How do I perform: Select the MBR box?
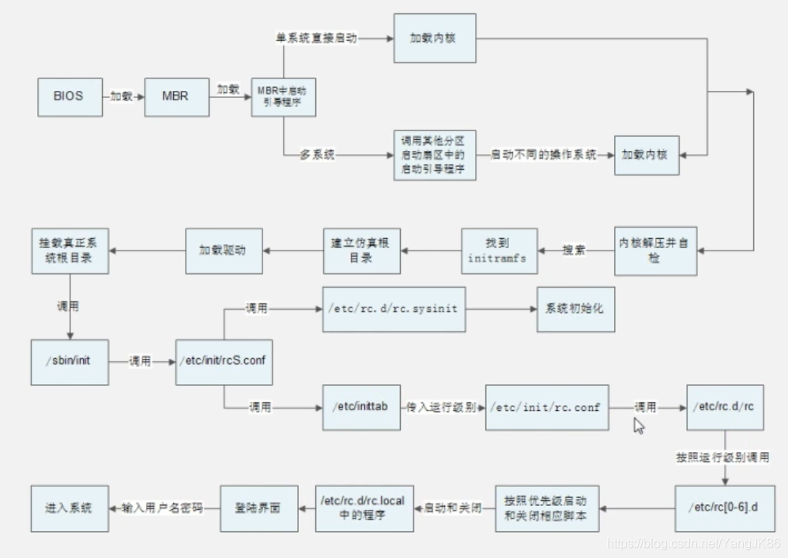point(175,96)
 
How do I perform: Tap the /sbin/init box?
point(69,361)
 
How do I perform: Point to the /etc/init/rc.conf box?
point(545,407)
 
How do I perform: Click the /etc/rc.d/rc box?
point(724,407)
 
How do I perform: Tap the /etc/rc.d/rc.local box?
point(364,507)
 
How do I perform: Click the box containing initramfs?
point(498,250)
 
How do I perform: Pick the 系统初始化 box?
point(575,308)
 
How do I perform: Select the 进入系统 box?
point(69,507)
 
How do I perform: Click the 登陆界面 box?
point(258,507)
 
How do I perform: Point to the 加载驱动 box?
point(222,250)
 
